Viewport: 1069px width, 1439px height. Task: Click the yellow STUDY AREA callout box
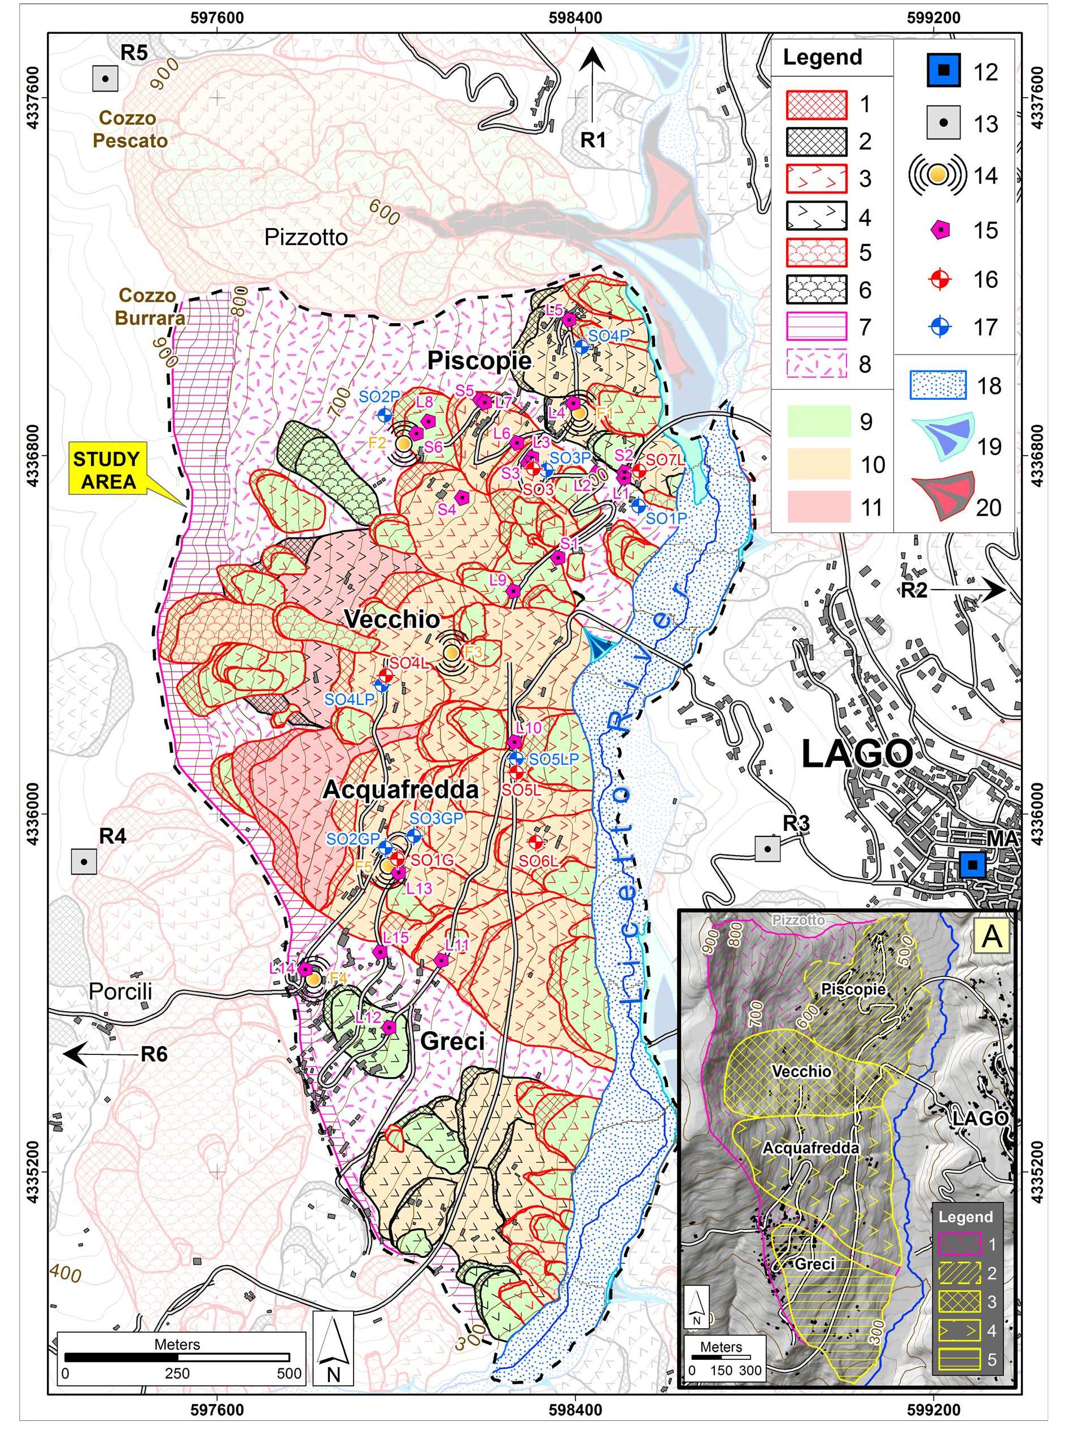tap(107, 470)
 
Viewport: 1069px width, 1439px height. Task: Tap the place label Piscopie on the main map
tap(479, 360)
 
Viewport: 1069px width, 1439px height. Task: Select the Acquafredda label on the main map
tap(400, 790)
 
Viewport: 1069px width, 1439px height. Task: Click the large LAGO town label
tap(857, 755)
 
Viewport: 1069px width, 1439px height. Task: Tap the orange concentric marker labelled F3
tap(452, 652)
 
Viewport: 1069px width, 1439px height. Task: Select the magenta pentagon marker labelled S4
tap(461, 497)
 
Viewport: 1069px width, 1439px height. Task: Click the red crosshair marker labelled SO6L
tap(535, 841)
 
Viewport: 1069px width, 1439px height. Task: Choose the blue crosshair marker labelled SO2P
tap(385, 414)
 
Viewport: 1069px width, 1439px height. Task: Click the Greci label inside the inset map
tap(815, 1264)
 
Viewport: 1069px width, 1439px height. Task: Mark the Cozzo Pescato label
tap(130, 129)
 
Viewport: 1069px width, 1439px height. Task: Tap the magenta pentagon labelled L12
tap(389, 1027)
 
